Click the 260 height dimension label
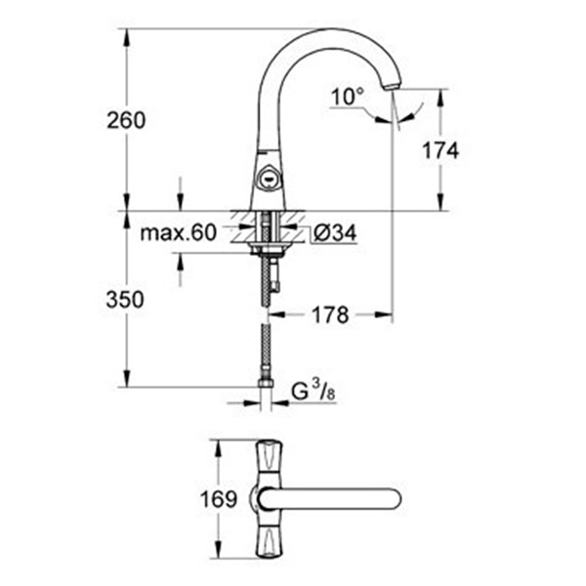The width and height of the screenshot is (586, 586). (x=126, y=120)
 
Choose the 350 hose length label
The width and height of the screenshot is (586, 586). (x=126, y=299)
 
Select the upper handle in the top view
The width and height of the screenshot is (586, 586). (x=268, y=457)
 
